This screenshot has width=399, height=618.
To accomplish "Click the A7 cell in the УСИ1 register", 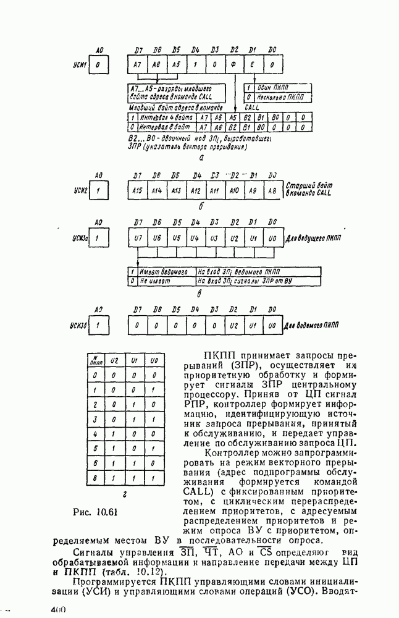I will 138,64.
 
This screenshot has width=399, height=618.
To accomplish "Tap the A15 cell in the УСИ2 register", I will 138,191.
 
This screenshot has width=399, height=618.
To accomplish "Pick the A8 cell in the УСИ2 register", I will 272,191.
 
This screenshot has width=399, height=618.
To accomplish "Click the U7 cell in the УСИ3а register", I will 138,238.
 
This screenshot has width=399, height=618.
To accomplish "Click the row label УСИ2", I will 81,192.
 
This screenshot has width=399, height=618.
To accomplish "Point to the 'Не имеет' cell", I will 154,280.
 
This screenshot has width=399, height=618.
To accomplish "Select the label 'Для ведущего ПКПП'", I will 314,238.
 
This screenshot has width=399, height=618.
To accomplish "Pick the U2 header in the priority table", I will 114,360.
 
